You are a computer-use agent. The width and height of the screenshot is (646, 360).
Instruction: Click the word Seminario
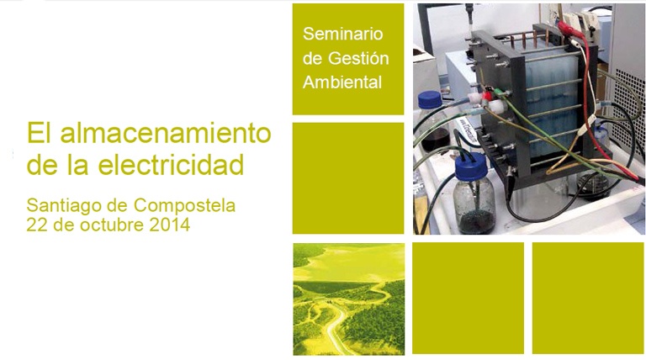(343, 34)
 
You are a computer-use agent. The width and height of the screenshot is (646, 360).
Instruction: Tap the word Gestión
(358, 59)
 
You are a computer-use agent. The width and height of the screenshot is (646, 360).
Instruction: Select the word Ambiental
(342, 82)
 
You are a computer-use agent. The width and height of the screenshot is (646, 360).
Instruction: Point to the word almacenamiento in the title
(166, 133)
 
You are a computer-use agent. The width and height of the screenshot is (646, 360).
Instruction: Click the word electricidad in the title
(171, 164)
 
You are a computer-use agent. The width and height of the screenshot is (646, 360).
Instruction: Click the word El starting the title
(40, 133)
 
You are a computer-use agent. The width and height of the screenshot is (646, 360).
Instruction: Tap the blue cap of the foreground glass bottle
(470, 167)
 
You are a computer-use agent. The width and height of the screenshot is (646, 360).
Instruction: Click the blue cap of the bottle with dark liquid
(429, 100)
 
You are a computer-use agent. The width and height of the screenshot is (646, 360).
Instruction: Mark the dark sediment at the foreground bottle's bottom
(477, 222)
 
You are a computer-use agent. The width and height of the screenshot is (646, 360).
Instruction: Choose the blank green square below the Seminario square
(348, 178)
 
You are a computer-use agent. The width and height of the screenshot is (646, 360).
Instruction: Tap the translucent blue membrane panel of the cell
(547, 103)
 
